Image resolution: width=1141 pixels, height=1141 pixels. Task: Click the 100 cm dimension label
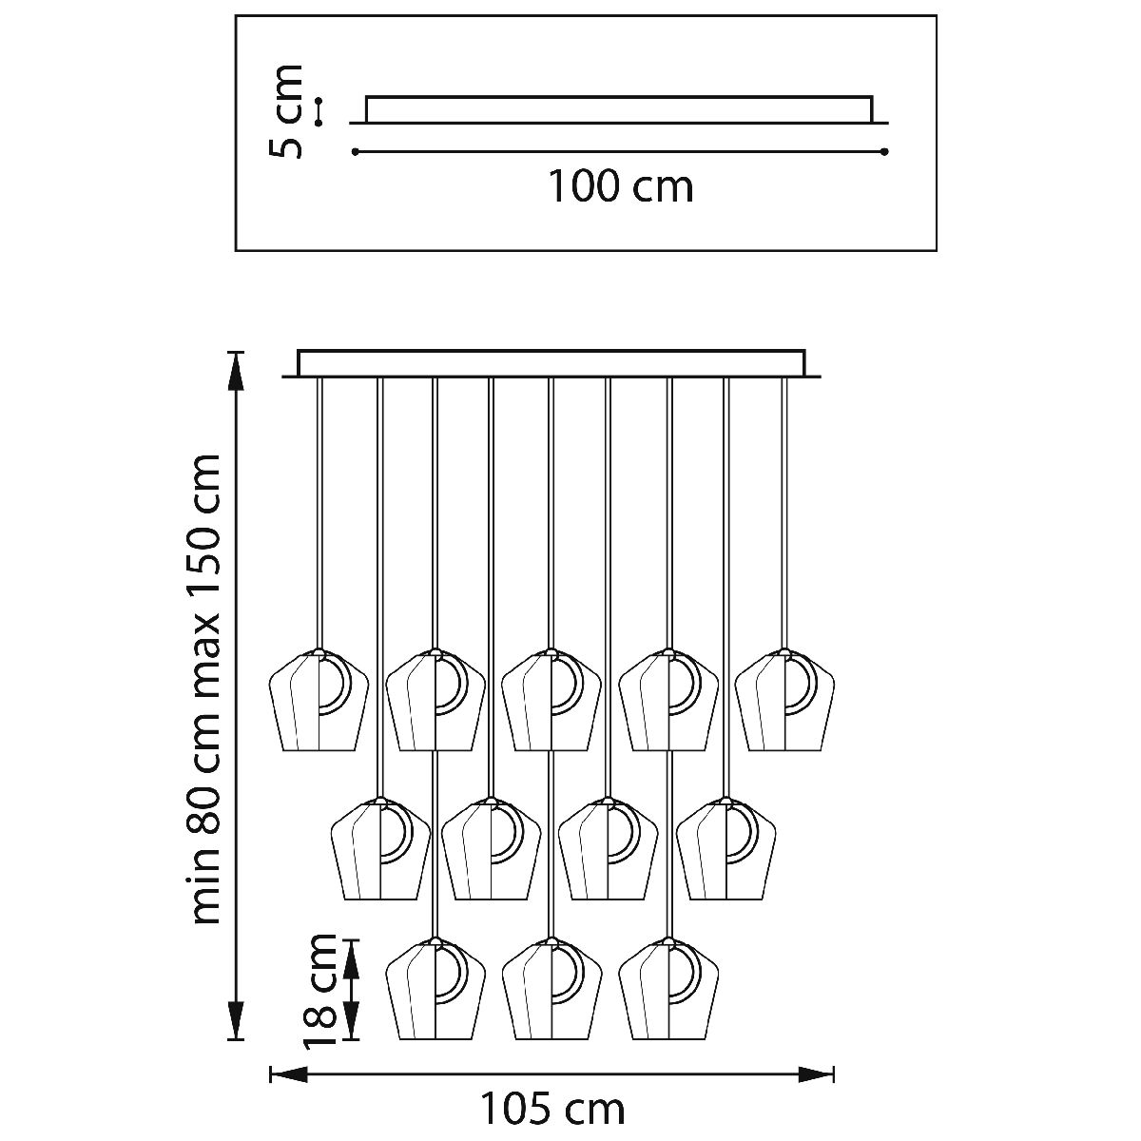[x=619, y=186]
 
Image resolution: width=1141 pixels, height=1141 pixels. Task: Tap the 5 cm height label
[x=286, y=111]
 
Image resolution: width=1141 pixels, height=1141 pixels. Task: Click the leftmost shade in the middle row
[x=379, y=848]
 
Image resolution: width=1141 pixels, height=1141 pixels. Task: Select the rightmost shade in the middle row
[x=726, y=848]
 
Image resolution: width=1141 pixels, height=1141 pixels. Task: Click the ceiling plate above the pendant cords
[x=551, y=364]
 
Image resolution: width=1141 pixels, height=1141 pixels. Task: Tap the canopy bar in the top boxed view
[x=618, y=109]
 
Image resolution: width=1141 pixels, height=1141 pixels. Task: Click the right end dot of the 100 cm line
[x=884, y=152]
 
